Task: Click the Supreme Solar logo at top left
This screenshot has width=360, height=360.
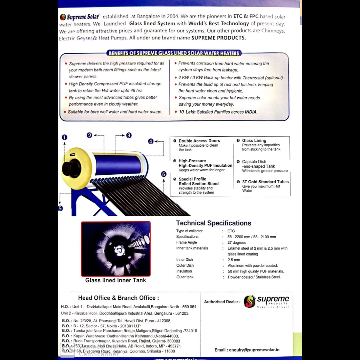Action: coord(80,17)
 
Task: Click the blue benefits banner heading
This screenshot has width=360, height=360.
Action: coord(174,53)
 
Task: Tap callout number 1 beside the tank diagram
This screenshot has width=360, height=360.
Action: coord(64,137)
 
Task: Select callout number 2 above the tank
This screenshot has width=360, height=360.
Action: coord(89,135)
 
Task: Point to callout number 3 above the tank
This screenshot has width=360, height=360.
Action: coord(129,135)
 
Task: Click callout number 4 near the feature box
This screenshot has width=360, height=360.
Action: coord(151,141)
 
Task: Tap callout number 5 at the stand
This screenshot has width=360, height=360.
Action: coord(60,208)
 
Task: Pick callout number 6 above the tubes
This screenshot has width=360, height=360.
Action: coord(164,174)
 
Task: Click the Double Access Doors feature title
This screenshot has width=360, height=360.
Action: coord(199,141)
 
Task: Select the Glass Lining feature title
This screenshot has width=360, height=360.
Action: coord(254,140)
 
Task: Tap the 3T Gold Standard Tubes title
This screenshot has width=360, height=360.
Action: coord(265,182)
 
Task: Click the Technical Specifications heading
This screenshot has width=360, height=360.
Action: coord(213,223)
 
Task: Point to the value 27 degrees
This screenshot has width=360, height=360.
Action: coord(237,242)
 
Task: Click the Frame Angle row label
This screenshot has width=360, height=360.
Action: coord(186,242)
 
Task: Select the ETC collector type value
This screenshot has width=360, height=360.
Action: coord(231,231)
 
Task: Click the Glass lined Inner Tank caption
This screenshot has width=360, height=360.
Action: coord(116,280)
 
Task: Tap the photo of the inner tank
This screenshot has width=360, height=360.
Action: coord(116,249)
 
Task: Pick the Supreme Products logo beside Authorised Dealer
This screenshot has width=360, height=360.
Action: coord(266,301)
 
